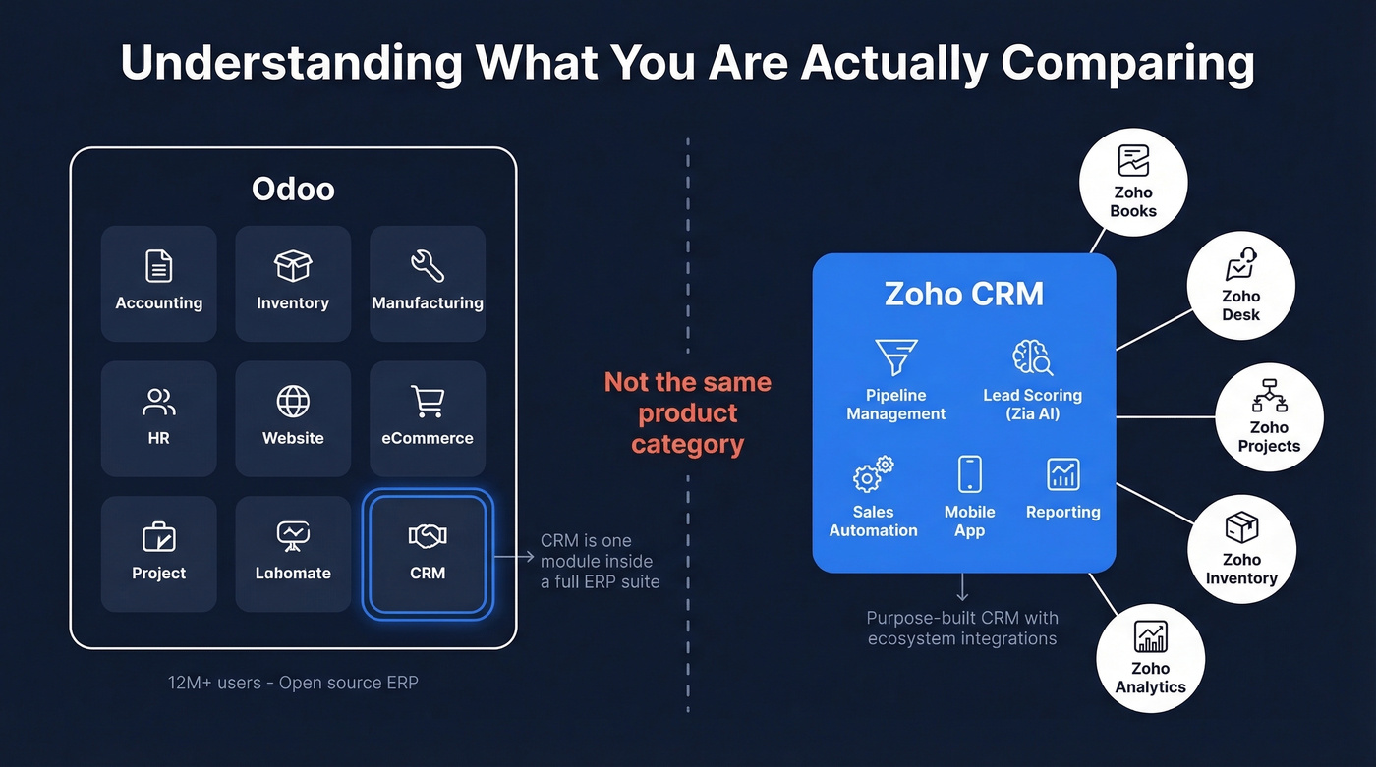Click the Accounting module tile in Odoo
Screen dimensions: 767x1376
click(158, 284)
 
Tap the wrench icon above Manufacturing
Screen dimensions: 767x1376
click(428, 265)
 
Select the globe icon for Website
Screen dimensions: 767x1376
click(293, 401)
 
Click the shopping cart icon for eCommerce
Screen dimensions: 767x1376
click(428, 401)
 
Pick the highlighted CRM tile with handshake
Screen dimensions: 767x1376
click(428, 554)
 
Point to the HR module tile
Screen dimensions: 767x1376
click(158, 418)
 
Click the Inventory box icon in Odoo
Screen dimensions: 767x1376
click(293, 265)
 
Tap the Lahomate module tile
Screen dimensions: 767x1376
click(293, 554)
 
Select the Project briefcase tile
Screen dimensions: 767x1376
click(158, 554)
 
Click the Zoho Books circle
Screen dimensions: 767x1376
click(1133, 184)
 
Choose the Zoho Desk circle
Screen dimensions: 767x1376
click(1240, 287)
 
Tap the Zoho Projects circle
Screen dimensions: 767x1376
click(1269, 417)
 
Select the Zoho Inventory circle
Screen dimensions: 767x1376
click(1241, 549)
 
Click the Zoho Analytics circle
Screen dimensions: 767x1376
click(1151, 658)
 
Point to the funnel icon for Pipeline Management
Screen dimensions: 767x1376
click(895, 357)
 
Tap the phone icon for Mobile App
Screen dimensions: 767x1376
click(969, 474)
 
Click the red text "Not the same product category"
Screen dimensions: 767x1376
click(687, 412)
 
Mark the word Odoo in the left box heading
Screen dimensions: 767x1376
click(293, 188)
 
